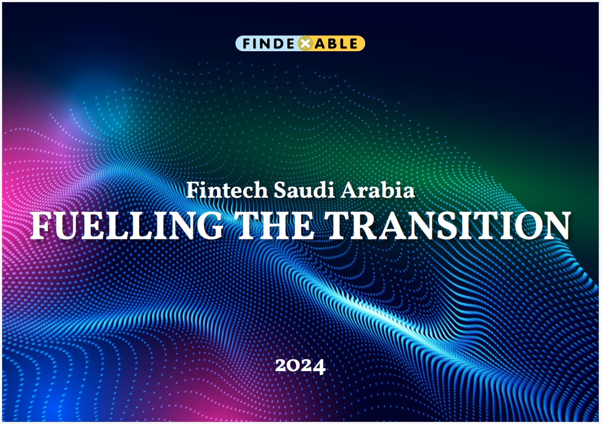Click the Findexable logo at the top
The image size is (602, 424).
(x=300, y=44)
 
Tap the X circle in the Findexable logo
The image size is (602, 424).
(x=305, y=44)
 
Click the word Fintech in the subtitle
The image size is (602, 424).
(x=227, y=190)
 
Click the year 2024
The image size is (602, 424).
(x=300, y=366)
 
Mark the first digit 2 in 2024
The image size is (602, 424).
(x=281, y=366)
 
